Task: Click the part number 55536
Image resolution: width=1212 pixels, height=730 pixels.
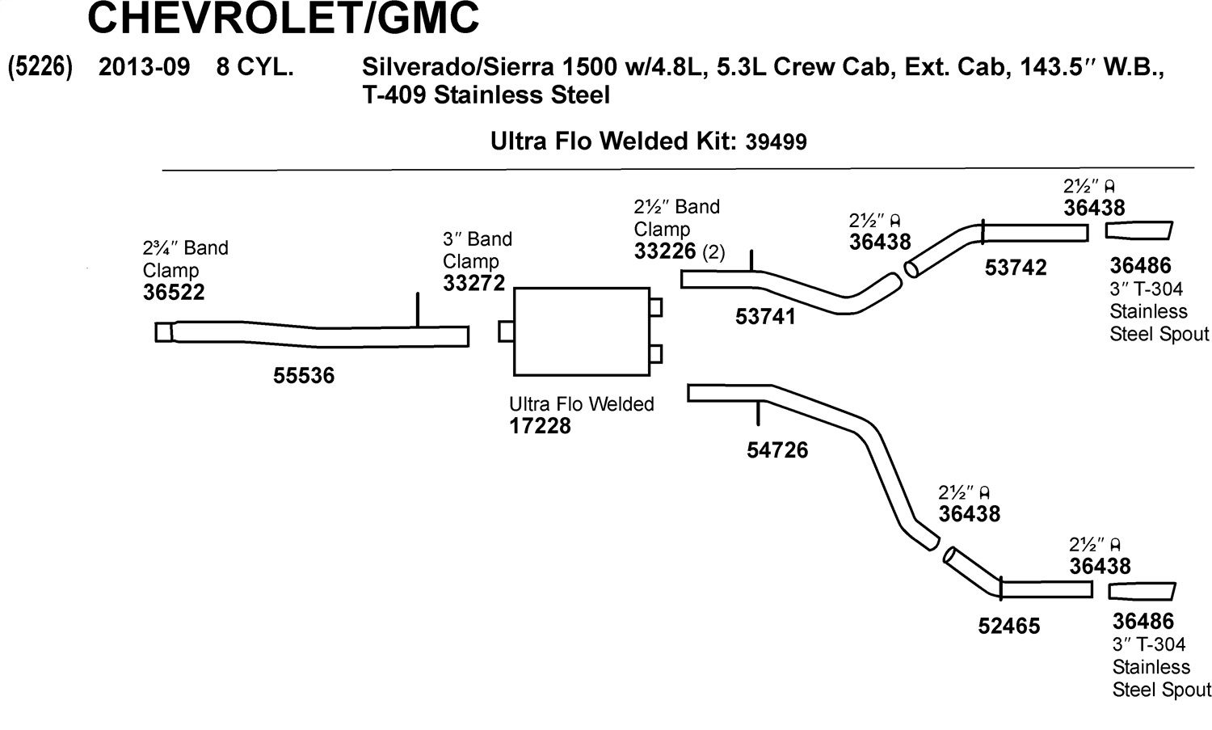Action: [x=304, y=375]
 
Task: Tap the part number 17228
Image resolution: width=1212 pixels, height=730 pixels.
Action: [x=540, y=426]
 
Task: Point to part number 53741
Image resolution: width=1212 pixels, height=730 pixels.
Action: [x=765, y=317]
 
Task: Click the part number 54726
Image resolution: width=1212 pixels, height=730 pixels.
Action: [x=777, y=450]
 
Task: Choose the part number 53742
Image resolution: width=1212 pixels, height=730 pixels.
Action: [x=1016, y=268]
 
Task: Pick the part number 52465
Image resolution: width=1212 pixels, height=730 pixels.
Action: [x=1008, y=626]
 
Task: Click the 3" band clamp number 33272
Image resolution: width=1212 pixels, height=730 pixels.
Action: [x=473, y=283]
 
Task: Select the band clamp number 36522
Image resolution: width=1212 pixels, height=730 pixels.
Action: [x=173, y=293]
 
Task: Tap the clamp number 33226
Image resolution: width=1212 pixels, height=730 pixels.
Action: [x=664, y=251]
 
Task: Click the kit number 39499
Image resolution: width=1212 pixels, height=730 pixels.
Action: [x=776, y=142]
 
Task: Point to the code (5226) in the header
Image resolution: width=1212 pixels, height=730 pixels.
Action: [x=40, y=67]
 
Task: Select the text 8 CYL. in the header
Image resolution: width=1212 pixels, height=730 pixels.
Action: [x=255, y=67]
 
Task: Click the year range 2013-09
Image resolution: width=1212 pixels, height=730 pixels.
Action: [x=144, y=67]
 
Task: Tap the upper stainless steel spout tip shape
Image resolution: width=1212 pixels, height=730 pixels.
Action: [x=1138, y=230]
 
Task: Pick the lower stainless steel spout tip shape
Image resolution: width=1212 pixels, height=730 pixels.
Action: [x=1142, y=592]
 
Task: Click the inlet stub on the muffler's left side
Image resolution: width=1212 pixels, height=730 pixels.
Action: [x=506, y=331]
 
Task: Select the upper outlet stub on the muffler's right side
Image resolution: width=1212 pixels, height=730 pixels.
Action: [x=656, y=307]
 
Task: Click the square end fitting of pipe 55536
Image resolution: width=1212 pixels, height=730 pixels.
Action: [x=164, y=332]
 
